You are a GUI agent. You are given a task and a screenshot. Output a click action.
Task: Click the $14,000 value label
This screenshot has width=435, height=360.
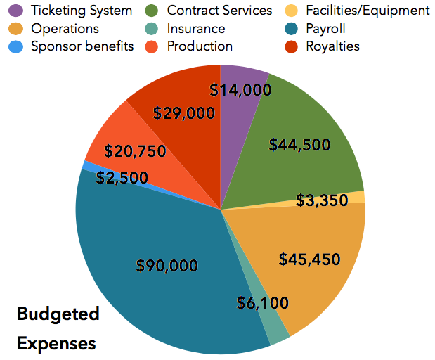pyautogui.click(x=240, y=89)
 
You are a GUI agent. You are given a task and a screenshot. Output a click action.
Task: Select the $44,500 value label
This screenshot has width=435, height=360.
pyautogui.click(x=300, y=144)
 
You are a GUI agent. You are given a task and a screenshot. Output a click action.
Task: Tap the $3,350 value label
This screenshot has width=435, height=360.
pyautogui.click(x=322, y=200)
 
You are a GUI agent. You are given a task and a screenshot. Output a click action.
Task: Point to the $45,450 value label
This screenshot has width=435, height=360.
pyautogui.click(x=309, y=259)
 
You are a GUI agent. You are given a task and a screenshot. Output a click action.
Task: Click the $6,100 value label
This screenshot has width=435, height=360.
pyautogui.click(x=262, y=302)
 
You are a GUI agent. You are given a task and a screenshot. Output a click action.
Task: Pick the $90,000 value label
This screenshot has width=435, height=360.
pyautogui.click(x=167, y=265)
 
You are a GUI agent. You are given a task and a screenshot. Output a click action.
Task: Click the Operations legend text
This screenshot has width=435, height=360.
pyautogui.click(x=65, y=29)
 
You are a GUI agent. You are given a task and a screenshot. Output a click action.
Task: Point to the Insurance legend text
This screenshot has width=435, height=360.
pyautogui.click(x=196, y=29)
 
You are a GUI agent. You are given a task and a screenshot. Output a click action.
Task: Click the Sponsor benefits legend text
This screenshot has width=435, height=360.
pyautogui.click(x=82, y=46)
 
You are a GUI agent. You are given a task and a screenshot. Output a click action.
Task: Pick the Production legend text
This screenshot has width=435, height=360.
pyautogui.click(x=200, y=46)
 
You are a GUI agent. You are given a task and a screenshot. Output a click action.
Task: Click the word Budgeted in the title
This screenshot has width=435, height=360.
pyautogui.click(x=58, y=314)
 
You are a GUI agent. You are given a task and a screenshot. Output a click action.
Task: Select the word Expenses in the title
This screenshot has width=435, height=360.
pyautogui.click(x=56, y=344)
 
